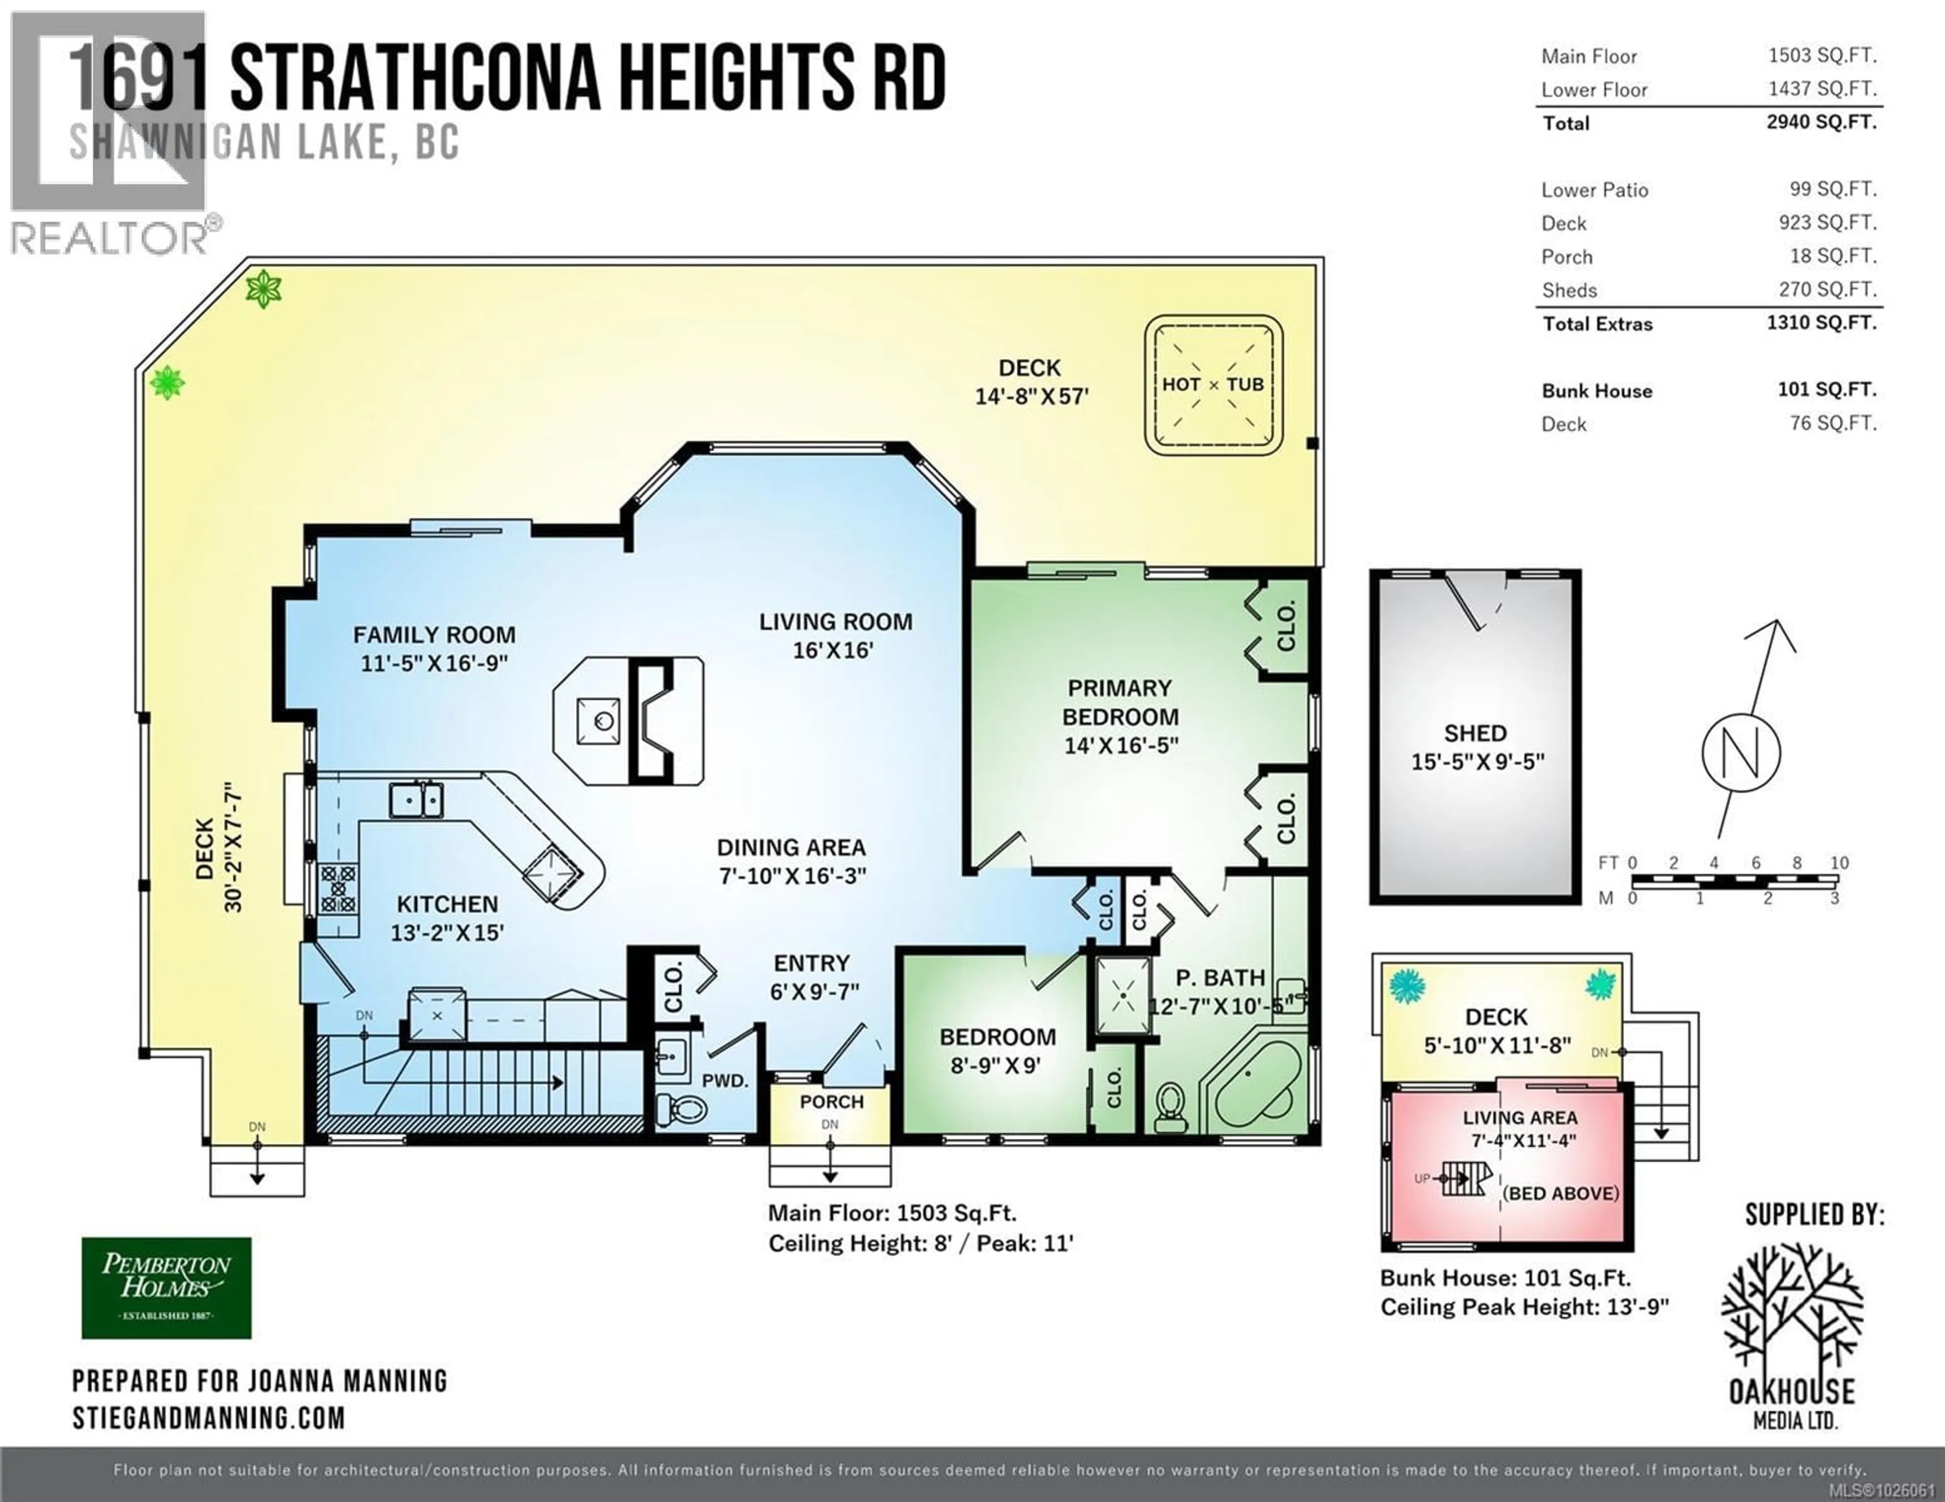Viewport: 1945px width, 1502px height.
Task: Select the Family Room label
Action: pos(434,635)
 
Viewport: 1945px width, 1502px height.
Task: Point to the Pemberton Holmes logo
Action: pos(167,1287)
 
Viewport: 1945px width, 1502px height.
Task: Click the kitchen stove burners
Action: pos(338,888)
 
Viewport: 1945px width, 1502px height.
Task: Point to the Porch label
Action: pos(831,1102)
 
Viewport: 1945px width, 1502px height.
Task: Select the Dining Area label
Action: pos(791,847)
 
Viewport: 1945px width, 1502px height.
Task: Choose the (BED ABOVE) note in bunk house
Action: pos(1560,1193)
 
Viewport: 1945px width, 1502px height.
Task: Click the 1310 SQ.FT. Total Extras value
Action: pos(1821,322)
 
